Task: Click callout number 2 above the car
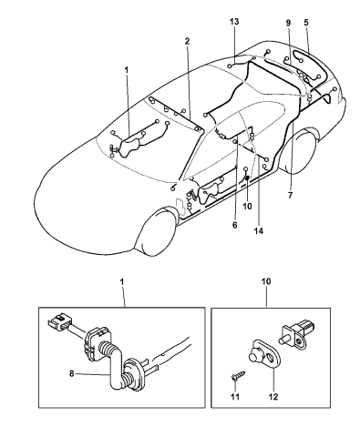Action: [x=187, y=41]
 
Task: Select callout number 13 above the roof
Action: [x=233, y=20]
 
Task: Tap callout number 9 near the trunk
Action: [x=288, y=22]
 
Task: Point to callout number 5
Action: [x=306, y=22]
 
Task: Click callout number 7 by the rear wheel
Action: [x=291, y=195]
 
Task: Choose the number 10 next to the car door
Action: [x=246, y=205]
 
